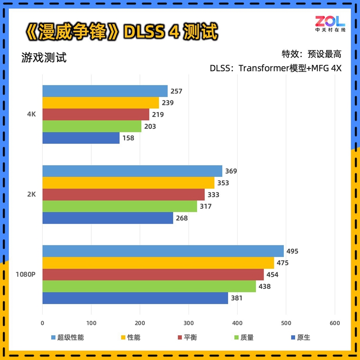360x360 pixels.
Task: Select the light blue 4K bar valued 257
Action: [x=105, y=91]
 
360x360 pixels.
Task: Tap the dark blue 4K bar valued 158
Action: [x=81, y=138]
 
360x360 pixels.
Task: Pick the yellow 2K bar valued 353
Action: [x=128, y=183]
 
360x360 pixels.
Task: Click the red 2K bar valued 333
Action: [x=123, y=194]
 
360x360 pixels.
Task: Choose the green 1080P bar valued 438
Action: [x=149, y=286]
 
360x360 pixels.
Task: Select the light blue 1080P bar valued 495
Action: [x=163, y=251]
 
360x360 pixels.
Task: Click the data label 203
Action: [x=150, y=126]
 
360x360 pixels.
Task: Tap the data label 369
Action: [x=231, y=171]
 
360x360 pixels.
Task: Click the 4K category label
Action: [x=31, y=114]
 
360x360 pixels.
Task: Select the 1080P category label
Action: [x=25, y=274]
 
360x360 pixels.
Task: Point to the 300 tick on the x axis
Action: [x=189, y=323]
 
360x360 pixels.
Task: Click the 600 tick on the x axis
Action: [x=334, y=323]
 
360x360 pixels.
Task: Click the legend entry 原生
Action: [x=303, y=337]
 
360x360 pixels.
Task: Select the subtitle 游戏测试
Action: [x=44, y=58]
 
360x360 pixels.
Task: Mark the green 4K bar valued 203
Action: [x=92, y=126]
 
